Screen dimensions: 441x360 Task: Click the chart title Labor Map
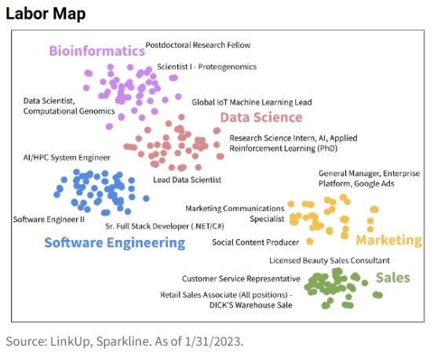(x=46, y=14)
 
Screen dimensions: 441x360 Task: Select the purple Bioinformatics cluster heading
(x=97, y=51)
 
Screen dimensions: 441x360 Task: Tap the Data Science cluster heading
(x=261, y=117)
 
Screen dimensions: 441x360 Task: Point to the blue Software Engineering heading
(x=115, y=243)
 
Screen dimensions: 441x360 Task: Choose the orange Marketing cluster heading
(x=389, y=240)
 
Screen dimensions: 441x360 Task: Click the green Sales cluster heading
(x=393, y=278)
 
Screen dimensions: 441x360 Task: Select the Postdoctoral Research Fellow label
(x=198, y=45)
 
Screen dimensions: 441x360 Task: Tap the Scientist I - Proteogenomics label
(x=206, y=67)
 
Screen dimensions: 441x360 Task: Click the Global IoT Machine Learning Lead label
(x=252, y=102)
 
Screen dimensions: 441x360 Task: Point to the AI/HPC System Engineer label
(x=67, y=158)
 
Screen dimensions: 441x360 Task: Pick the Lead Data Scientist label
(x=187, y=180)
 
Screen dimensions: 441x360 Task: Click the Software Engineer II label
(x=49, y=220)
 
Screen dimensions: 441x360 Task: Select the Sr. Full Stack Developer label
(x=165, y=226)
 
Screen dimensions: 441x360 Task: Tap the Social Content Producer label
(x=255, y=242)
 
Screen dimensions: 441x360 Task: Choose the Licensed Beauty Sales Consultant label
(x=330, y=260)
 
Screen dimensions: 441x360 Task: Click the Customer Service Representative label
(x=241, y=278)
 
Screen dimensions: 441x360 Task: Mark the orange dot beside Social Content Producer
(x=310, y=242)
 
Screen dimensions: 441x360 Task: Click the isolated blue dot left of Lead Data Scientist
(x=146, y=198)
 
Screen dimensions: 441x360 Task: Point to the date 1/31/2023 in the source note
(x=213, y=341)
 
